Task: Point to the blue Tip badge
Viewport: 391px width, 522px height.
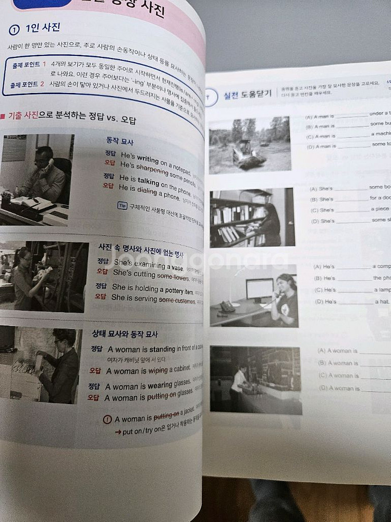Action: coord(123,205)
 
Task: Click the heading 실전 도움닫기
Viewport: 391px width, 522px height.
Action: coord(247,94)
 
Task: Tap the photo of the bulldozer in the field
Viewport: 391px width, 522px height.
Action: coord(250,144)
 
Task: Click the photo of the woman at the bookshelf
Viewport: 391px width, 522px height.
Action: coord(252,218)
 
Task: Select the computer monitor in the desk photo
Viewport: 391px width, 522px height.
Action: coord(259,288)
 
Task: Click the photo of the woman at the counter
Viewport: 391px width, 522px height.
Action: coord(255,379)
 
